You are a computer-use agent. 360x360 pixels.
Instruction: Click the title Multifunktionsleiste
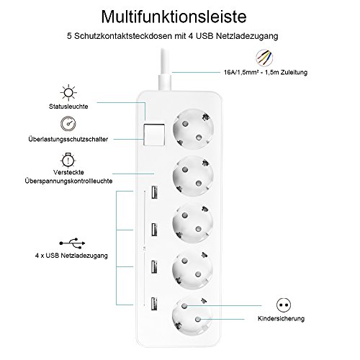179,17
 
